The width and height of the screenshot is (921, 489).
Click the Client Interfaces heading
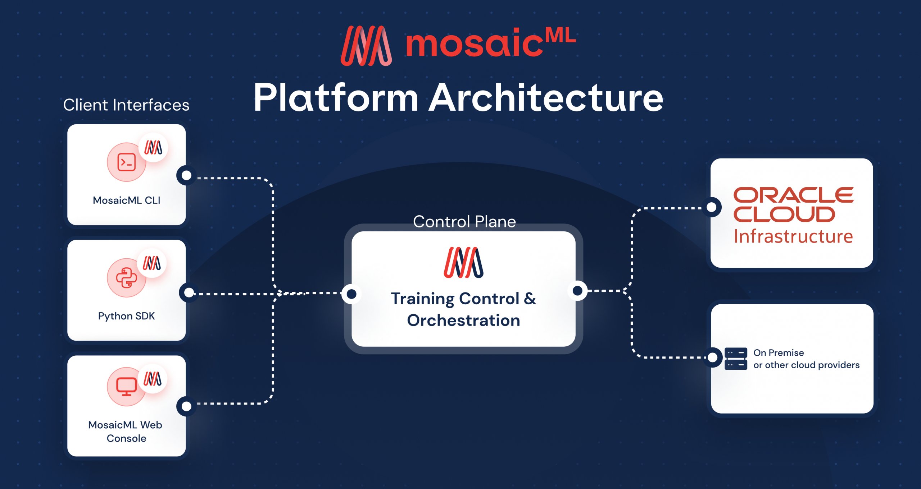click(x=126, y=105)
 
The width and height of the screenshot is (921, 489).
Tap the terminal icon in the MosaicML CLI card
click(x=126, y=162)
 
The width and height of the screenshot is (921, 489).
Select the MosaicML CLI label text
click(x=126, y=200)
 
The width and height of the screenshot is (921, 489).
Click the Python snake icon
click(x=126, y=278)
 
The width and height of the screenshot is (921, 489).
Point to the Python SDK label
click(x=126, y=316)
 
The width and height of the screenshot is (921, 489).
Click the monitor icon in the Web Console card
click(x=126, y=387)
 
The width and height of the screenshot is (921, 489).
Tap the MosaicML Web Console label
click(x=126, y=431)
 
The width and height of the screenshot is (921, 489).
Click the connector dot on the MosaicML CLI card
click(x=186, y=175)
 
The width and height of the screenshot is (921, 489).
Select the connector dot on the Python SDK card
click(x=189, y=293)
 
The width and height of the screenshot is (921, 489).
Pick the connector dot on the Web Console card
click(x=186, y=406)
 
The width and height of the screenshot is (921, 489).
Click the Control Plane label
click(x=464, y=221)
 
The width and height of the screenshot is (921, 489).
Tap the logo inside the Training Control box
click(x=463, y=262)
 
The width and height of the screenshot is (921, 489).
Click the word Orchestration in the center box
click(x=463, y=320)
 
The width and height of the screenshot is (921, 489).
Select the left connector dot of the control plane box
click(x=351, y=294)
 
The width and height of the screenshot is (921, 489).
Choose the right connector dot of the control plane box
click(x=577, y=290)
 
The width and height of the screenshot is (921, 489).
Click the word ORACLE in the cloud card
click(x=793, y=195)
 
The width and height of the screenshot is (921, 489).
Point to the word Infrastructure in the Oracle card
click(x=793, y=236)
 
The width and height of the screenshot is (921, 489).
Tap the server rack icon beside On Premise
click(x=736, y=359)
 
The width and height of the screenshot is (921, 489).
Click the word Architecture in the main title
click(x=546, y=98)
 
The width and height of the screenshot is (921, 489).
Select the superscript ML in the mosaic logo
click(x=560, y=36)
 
